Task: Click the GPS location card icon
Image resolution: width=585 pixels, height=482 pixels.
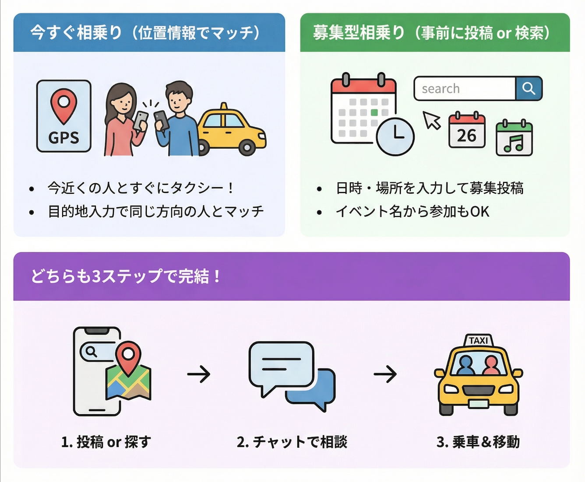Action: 64,116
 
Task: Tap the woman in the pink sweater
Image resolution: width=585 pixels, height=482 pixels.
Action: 122,120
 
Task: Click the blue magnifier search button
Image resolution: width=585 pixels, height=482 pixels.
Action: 529,88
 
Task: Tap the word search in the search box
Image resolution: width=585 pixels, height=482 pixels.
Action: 441,89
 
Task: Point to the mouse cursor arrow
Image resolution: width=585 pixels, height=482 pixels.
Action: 431,120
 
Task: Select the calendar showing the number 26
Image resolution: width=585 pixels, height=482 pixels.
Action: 467,131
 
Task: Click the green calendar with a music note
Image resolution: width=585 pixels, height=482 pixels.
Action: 514,139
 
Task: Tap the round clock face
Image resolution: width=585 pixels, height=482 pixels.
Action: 395,136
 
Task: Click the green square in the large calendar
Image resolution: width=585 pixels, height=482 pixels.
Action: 374,112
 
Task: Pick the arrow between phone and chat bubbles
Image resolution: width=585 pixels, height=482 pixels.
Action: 199,374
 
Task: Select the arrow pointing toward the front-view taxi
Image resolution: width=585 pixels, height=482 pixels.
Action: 385,374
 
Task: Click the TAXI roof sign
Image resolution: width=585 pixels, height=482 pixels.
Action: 478,340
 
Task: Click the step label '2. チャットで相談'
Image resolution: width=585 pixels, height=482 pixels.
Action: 292,442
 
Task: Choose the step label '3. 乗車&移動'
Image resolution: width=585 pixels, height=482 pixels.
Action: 478,442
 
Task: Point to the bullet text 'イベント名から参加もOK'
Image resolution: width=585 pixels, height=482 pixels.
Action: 412,212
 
